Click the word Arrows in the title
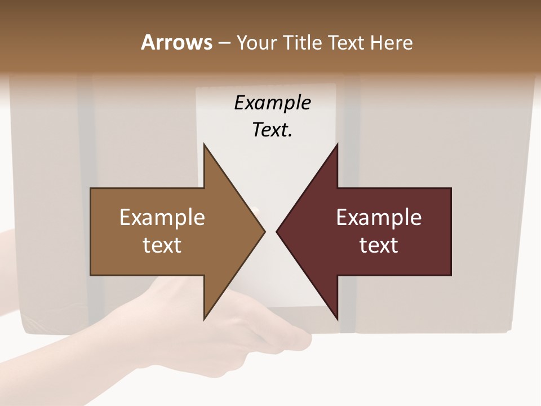tap(176, 42)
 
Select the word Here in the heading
tap(392, 42)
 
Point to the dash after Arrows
tap(224, 43)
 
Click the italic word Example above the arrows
tap(272, 103)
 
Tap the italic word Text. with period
tap(272, 130)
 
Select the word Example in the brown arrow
tap(162, 217)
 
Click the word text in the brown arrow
tap(162, 245)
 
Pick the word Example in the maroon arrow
tap(379, 217)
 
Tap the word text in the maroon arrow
tap(379, 245)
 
